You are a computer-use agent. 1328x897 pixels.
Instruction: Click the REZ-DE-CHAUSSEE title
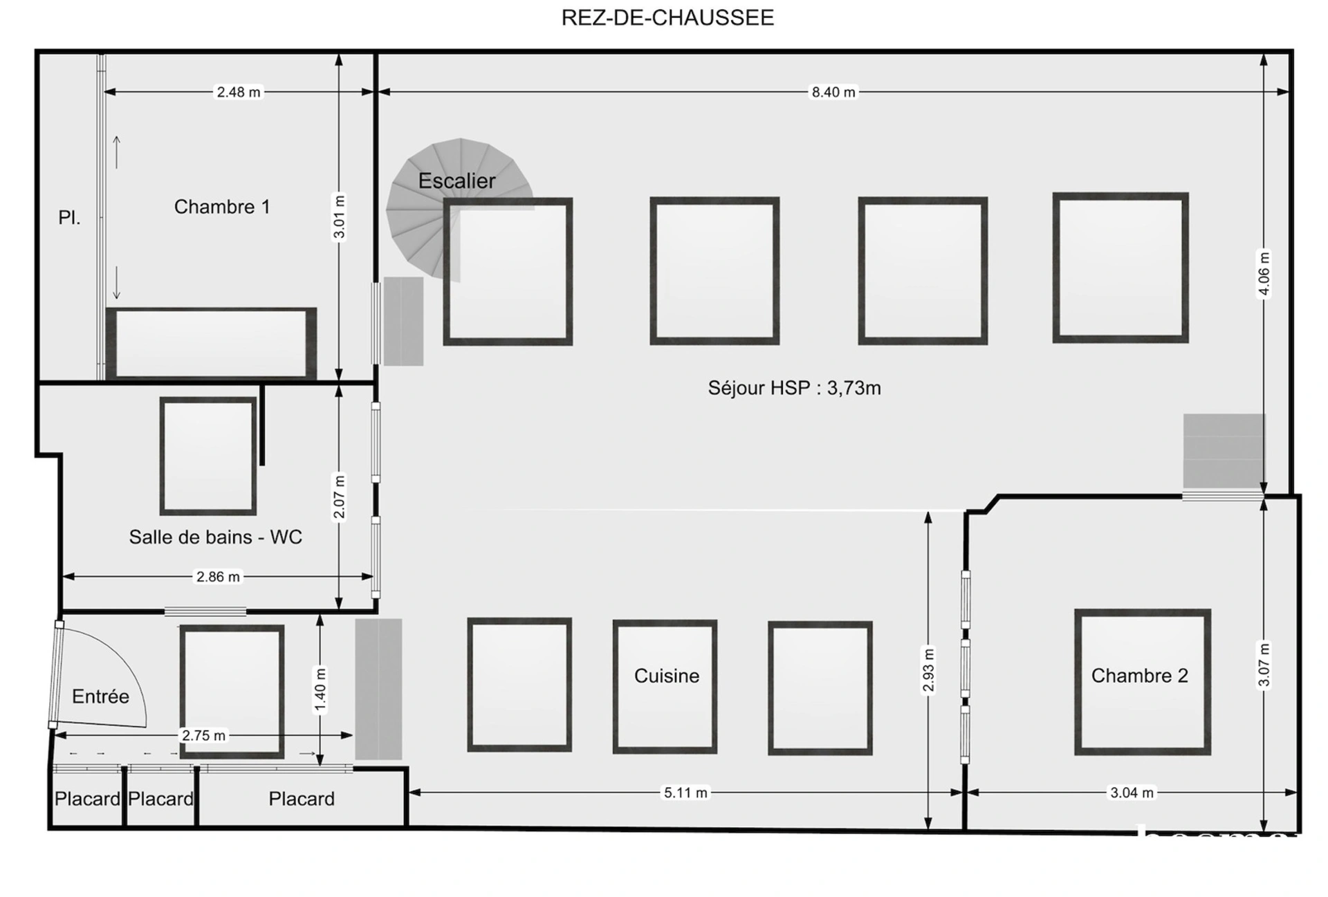click(667, 17)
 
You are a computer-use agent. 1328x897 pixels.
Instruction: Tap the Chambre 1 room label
click(222, 207)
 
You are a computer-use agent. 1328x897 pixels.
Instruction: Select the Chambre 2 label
click(1139, 676)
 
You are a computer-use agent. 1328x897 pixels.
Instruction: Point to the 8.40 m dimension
click(833, 92)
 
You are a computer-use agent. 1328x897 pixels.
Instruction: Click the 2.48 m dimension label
click(239, 92)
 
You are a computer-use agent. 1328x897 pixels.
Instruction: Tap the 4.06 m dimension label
click(1264, 273)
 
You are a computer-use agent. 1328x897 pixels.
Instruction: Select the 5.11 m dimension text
click(685, 793)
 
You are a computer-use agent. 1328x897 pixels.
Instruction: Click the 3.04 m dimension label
click(1132, 793)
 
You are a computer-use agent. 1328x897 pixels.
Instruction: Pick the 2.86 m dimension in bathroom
click(218, 577)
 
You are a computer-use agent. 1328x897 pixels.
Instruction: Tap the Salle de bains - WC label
click(215, 537)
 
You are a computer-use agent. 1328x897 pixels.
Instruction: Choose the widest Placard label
click(302, 799)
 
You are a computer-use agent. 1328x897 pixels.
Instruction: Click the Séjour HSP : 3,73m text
click(794, 388)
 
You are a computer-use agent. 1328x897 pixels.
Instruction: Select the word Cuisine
click(666, 676)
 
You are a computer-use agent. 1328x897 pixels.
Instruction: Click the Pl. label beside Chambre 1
click(69, 218)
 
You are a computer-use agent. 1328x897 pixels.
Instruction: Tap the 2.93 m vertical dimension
click(928, 669)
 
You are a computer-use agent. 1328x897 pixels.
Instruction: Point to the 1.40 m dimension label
click(320, 689)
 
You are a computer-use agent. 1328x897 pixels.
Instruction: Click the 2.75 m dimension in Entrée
click(203, 735)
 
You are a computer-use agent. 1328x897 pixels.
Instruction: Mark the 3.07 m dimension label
click(1264, 665)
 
